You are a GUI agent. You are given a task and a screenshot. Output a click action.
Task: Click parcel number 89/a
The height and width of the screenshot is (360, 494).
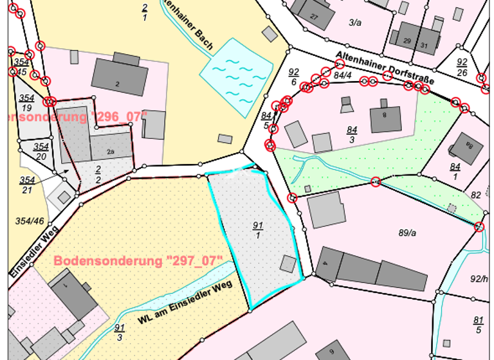pyautogui.click(x=408, y=233)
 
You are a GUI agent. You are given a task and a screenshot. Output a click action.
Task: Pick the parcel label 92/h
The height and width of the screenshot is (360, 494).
pyautogui.click(x=480, y=279)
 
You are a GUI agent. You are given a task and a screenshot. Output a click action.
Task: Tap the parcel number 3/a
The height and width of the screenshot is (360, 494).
pyautogui.click(x=355, y=22)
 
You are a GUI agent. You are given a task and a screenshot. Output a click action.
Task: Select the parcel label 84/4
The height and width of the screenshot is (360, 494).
pyautogui.click(x=343, y=75)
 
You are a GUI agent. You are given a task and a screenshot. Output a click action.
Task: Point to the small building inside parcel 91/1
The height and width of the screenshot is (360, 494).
pyautogui.click(x=288, y=264)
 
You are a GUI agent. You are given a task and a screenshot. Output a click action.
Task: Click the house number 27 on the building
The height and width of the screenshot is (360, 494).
pyautogui.click(x=314, y=16)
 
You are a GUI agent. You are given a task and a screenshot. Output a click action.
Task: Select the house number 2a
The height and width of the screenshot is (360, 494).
pyautogui.click(x=111, y=152)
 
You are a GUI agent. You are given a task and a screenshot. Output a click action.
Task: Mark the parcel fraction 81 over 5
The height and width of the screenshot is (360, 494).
pyautogui.click(x=478, y=325)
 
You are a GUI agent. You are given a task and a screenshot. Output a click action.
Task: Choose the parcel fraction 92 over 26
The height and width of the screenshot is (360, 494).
pyautogui.click(x=462, y=67)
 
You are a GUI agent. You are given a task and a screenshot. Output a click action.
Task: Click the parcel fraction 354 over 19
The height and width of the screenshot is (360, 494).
pyautogui.click(x=26, y=103)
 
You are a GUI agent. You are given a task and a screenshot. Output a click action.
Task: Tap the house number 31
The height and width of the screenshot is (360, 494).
pyautogui.click(x=424, y=46)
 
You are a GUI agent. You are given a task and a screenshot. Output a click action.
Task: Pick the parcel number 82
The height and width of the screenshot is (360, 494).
pyautogui.click(x=476, y=195)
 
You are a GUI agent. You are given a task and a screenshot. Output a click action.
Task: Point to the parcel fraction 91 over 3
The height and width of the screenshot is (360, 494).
pyautogui.click(x=120, y=332)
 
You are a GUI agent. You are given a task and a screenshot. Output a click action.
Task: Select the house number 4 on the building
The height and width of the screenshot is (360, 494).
pyautogui.click(x=325, y=264)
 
